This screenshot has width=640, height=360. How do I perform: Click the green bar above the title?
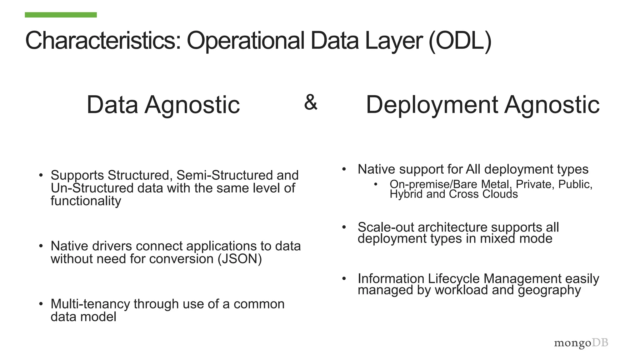pos(61,15)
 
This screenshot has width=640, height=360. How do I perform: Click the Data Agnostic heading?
pos(163,105)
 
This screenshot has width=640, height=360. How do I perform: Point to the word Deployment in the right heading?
pos(432,105)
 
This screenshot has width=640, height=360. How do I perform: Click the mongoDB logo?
pos(581,343)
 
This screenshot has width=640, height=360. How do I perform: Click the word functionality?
pos(86,201)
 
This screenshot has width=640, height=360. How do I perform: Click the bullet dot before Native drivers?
pos(41,246)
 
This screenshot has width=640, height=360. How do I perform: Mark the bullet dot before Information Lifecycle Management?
pos(344,278)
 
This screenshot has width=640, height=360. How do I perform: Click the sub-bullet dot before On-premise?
pos(376,184)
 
